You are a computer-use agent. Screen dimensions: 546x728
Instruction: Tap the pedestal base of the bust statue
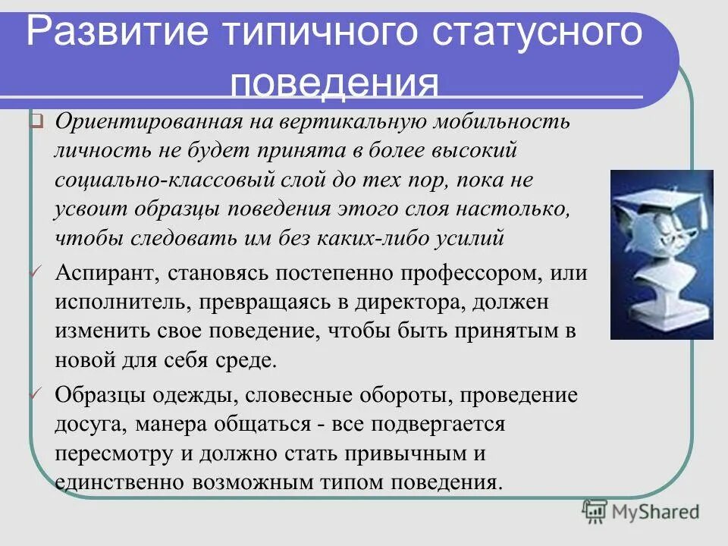point(663,318)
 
